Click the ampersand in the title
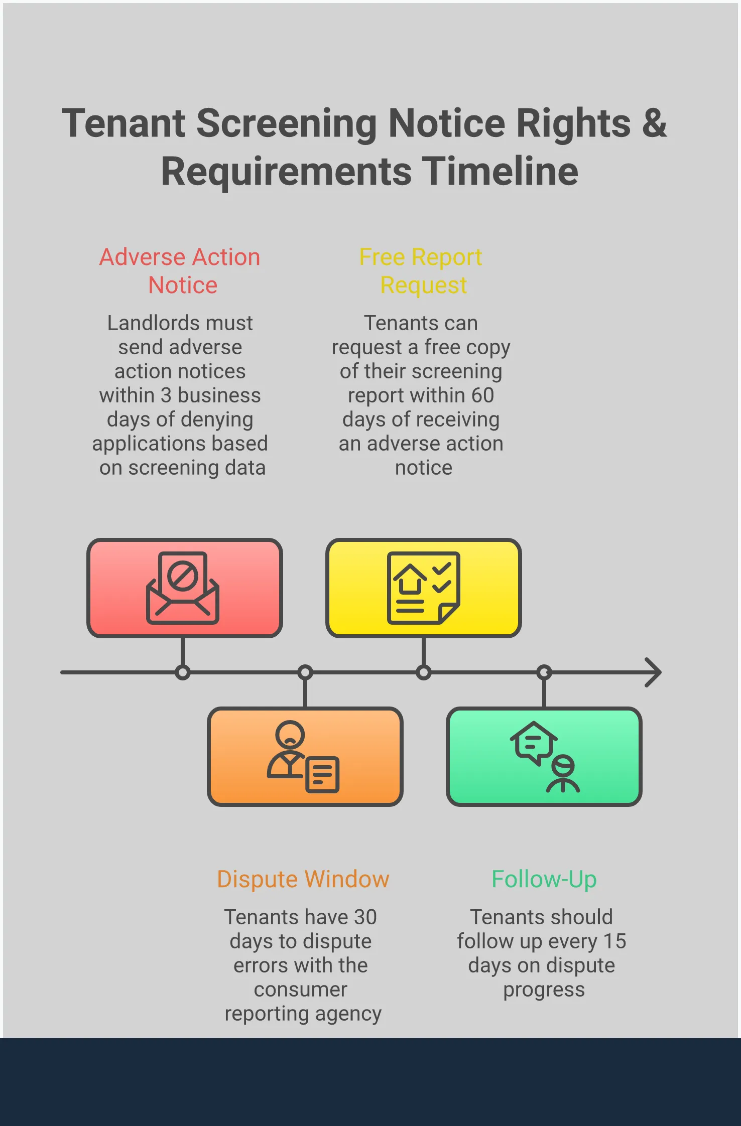pos(654,124)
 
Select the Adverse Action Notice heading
pos(180,271)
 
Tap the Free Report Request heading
pos(421,271)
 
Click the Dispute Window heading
pos(303,879)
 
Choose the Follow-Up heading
pos(544,879)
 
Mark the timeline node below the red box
pos(183,672)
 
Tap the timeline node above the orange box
pos(305,672)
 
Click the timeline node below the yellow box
pos(424,672)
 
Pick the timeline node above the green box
pos(544,672)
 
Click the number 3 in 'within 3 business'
pos(166,395)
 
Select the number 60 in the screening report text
pos(482,395)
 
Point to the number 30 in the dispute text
pos(365,917)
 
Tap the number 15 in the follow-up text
pos(615,941)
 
